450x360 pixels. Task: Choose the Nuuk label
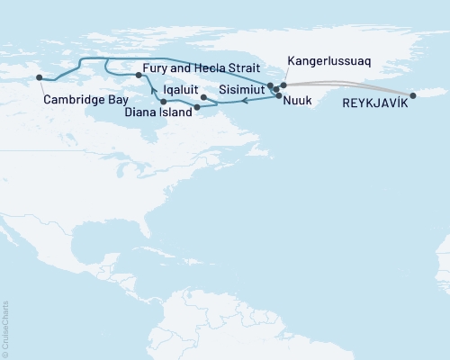(x=298, y=103)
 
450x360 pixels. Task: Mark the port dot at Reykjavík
(x=413, y=95)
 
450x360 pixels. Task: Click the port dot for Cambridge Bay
(x=39, y=78)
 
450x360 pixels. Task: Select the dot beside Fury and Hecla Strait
(x=138, y=76)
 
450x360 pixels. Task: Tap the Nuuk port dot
(x=279, y=95)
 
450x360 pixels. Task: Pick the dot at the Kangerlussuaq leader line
(x=283, y=85)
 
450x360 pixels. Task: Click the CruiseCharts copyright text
(x=5, y=329)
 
